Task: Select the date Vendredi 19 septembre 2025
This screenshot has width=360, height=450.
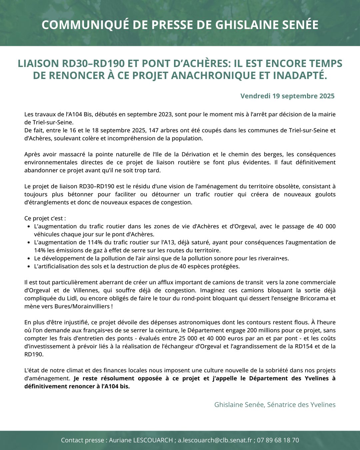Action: pos(287,96)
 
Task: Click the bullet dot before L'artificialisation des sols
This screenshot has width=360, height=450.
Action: pos(28,267)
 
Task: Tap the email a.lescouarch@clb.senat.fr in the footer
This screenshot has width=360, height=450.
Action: pos(215,440)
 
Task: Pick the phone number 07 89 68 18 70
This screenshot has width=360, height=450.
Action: pos(278,440)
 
